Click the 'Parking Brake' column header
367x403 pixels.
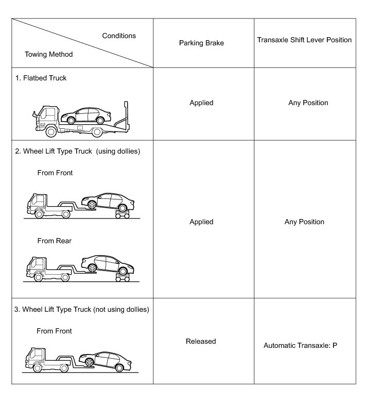pos(201,43)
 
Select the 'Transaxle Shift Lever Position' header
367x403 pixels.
pos(304,40)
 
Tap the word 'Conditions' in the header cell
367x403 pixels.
pos(119,36)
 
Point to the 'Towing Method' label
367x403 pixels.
pos(48,54)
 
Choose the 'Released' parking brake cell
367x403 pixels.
pos(201,341)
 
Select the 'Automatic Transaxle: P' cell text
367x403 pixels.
pos(300,345)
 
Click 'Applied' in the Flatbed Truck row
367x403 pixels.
pos(201,103)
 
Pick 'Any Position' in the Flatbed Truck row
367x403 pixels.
pos(308,103)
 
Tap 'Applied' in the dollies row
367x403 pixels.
pos(201,222)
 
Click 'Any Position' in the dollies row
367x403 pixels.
pos(304,222)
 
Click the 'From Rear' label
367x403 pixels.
pos(54,241)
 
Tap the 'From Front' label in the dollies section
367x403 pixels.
pos(55,173)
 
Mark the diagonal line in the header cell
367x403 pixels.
pos(82,43)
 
